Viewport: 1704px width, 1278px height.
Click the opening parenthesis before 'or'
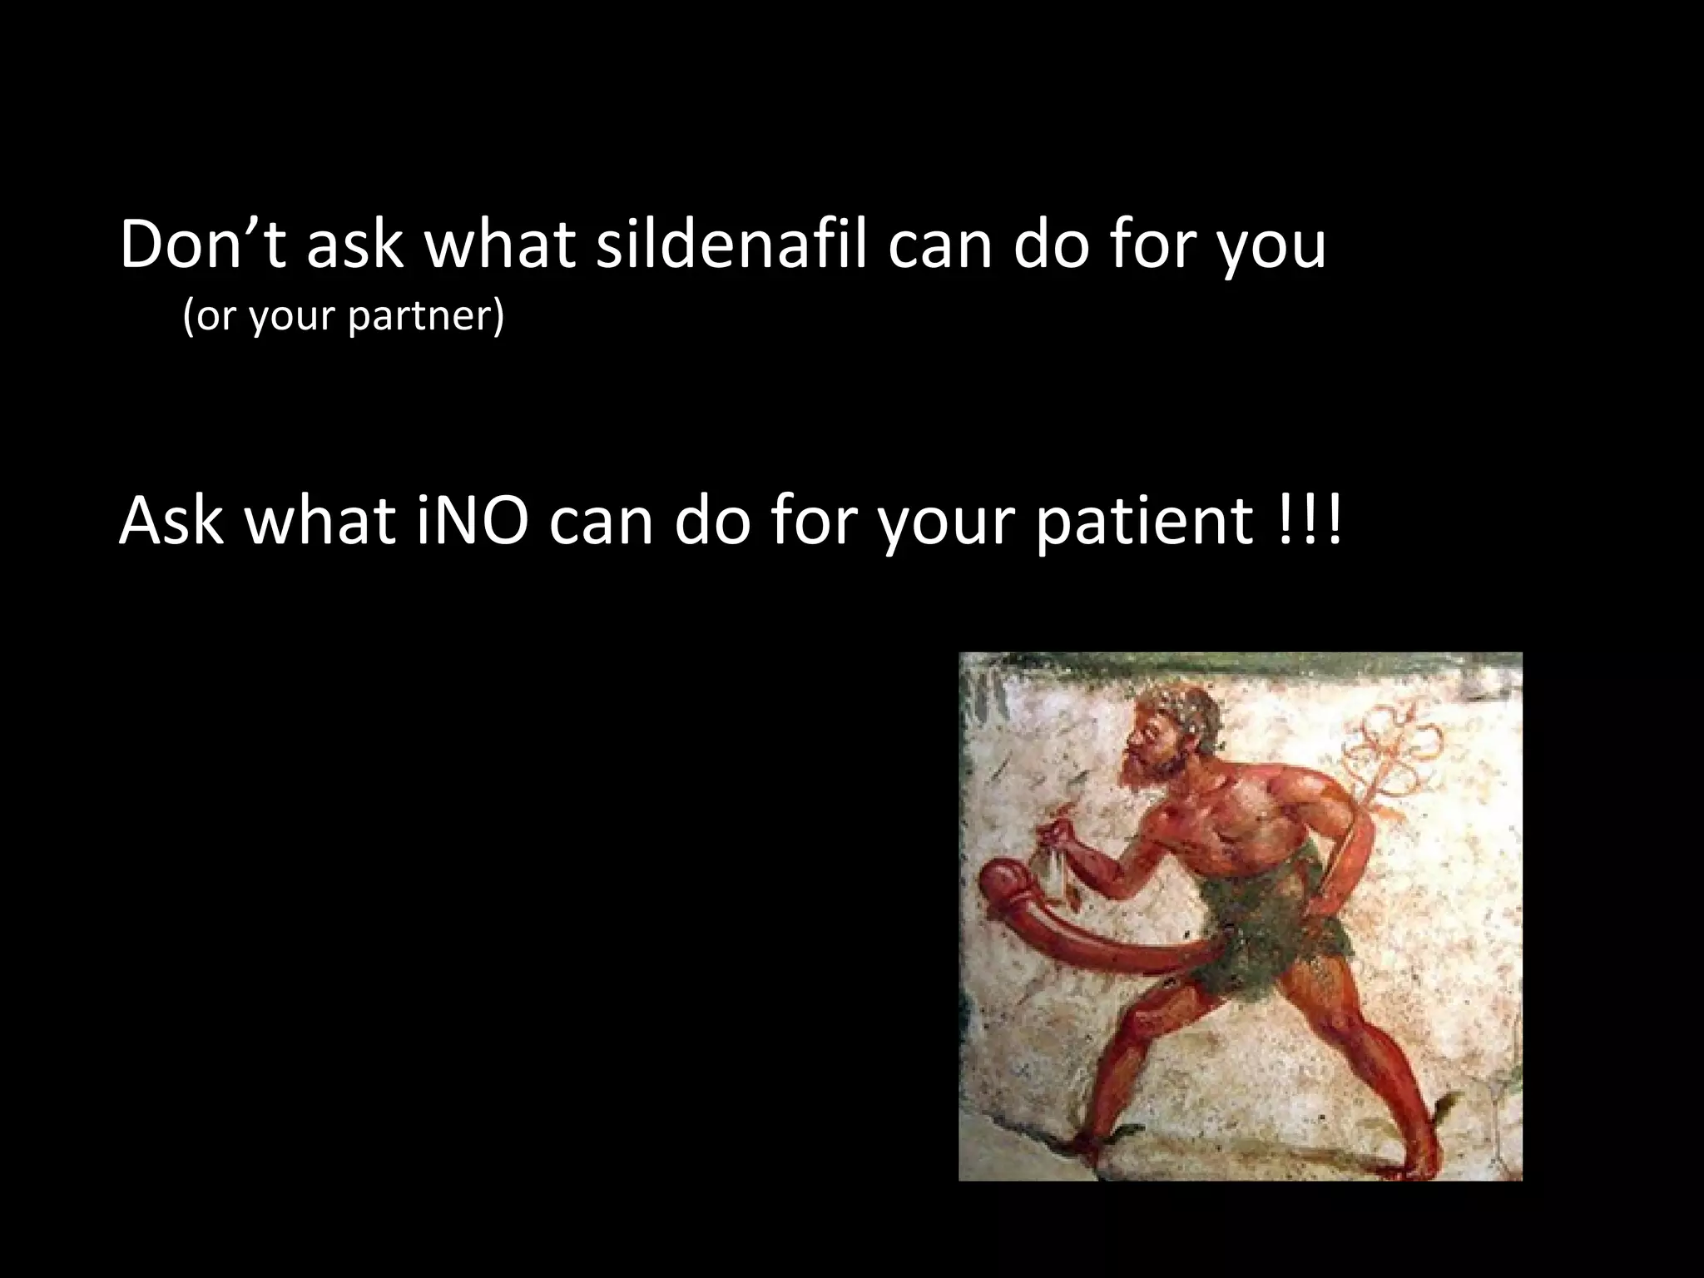(188, 317)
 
